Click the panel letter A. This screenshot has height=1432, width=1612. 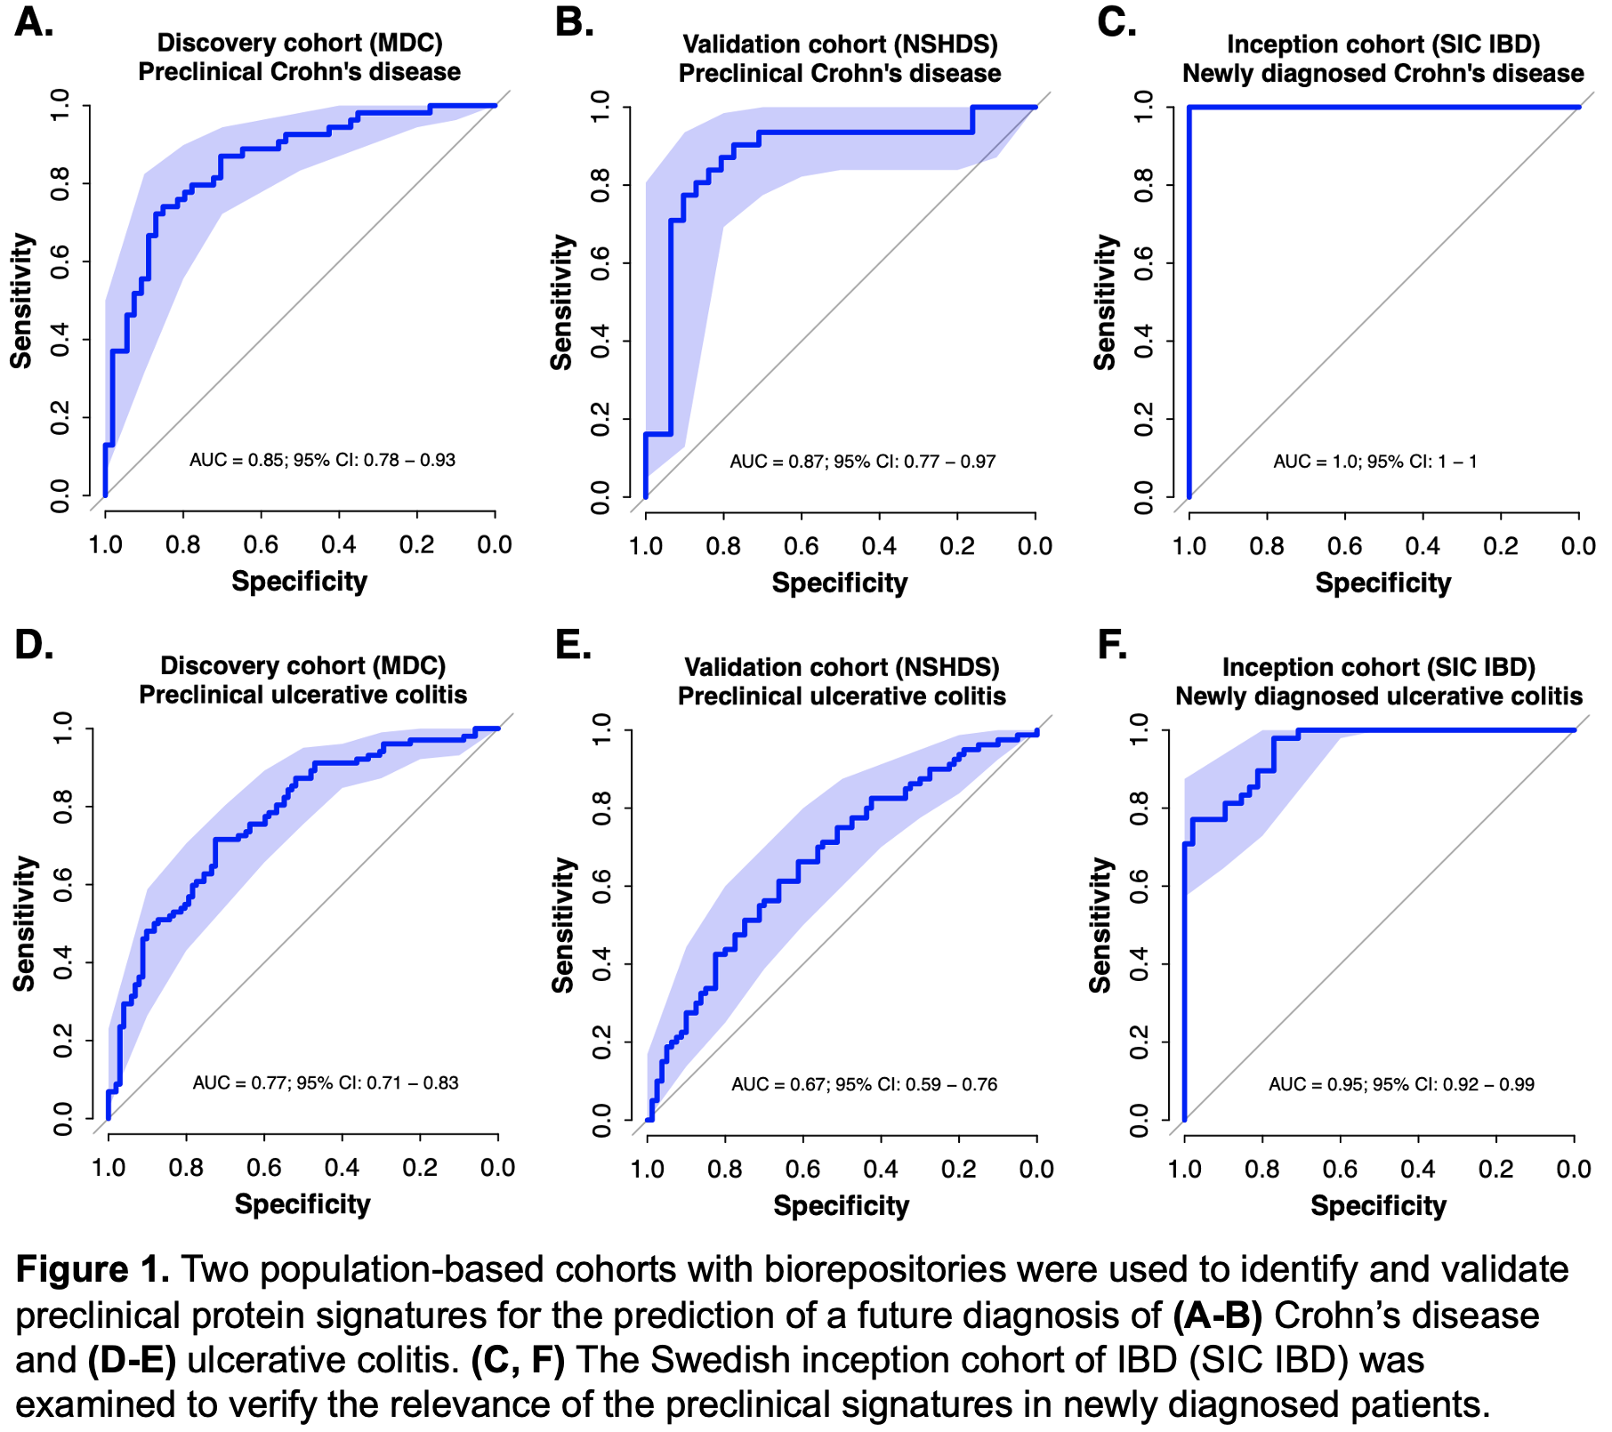pos(34,22)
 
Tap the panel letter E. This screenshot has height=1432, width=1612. pos(573,644)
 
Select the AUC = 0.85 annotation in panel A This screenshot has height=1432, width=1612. pos(323,460)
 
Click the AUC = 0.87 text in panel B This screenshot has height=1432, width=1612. pos(863,462)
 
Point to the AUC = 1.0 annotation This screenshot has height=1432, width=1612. pos(1375,462)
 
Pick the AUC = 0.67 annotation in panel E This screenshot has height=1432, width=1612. pos(865,1084)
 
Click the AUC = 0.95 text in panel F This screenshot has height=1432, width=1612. pos(1402,1084)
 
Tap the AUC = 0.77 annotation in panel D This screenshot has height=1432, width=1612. pos(326,1082)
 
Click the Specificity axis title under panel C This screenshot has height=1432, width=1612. pos(1383,583)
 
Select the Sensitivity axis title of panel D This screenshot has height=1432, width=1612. pos(24,924)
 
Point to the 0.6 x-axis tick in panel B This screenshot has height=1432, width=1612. pos(802,546)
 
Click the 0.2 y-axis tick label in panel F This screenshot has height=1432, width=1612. pos(1140,1042)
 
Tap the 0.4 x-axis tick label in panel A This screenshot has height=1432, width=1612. pos(339,544)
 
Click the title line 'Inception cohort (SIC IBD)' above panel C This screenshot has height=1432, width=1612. pos(1383,44)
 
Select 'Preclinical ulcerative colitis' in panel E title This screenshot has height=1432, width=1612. pos(842,696)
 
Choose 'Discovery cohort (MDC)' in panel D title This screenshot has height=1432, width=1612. pos(303,665)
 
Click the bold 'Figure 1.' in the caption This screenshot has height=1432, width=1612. pos(93,1269)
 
